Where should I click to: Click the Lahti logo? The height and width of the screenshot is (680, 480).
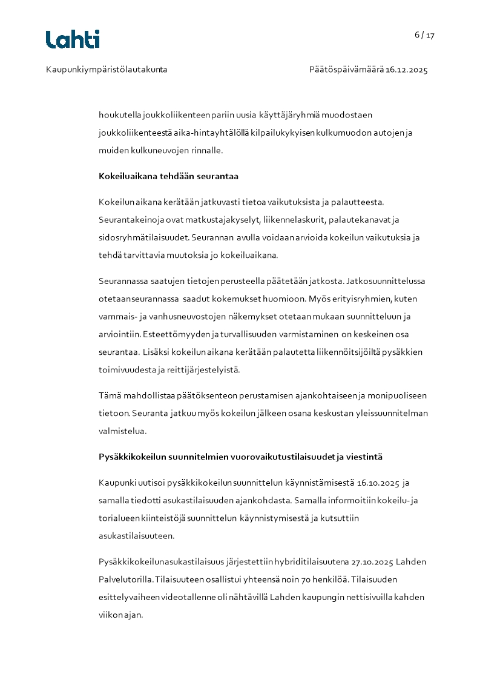pyautogui.click(x=73, y=39)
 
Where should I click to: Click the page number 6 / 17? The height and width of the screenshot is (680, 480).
pyautogui.click(x=424, y=35)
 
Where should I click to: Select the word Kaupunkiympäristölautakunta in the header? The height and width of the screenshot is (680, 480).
pyautogui.click(x=107, y=70)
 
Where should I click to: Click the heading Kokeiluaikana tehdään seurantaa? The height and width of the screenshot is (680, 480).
pyautogui.click(x=168, y=176)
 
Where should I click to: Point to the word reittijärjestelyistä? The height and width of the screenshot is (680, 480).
pyautogui.click(x=202, y=370)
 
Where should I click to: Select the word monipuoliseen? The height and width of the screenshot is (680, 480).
pyautogui.click(x=398, y=395)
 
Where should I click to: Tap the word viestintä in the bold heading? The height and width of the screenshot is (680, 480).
pyautogui.click(x=363, y=457)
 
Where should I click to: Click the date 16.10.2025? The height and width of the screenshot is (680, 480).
pyautogui.click(x=378, y=483)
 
